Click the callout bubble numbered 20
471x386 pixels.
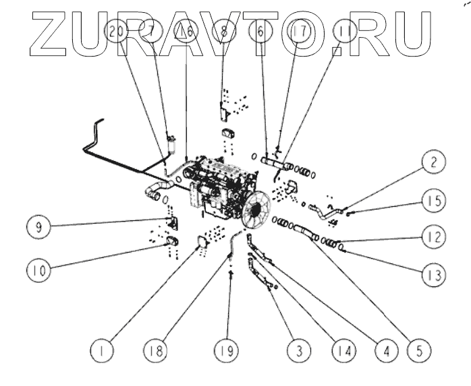pyautogui.click(x=116, y=31)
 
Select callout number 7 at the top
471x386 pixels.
pyautogui.click(x=150, y=31)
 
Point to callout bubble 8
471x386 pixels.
pyautogui.click(x=224, y=31)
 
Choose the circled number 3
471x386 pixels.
pyautogui.click(x=298, y=350)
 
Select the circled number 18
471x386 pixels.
pyautogui.click(x=155, y=350)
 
